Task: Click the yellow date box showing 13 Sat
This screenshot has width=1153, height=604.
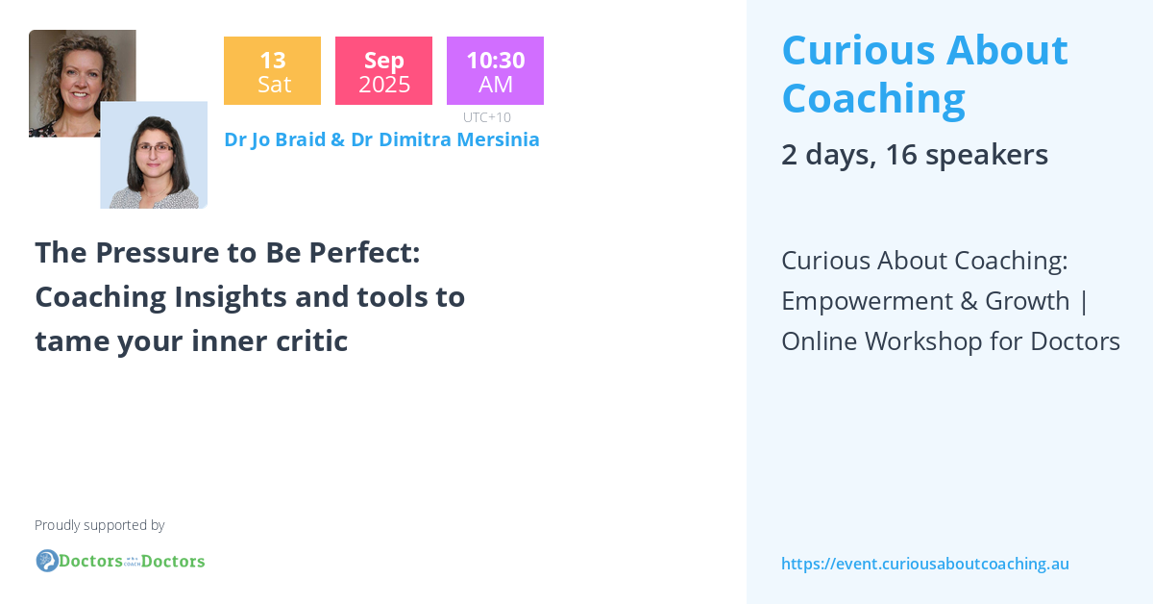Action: [x=272, y=71]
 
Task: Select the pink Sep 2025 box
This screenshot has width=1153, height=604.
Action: [x=383, y=71]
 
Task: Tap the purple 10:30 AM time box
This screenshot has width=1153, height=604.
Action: [x=495, y=71]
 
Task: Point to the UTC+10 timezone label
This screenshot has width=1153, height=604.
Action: [x=487, y=117]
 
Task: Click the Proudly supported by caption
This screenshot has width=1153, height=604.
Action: [x=100, y=525]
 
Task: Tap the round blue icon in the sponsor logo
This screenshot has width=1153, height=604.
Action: [x=47, y=561]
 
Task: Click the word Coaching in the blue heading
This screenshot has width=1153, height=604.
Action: [x=873, y=98]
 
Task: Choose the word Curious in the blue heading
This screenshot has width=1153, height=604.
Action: [x=857, y=50]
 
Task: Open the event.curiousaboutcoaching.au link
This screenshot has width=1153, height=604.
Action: [x=925, y=565]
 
